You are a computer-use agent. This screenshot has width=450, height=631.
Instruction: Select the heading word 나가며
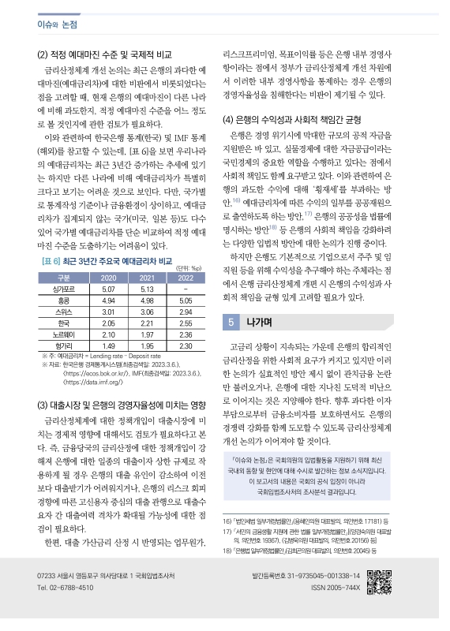(260, 322)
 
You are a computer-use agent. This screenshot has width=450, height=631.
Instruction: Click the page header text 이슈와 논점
(57, 24)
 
